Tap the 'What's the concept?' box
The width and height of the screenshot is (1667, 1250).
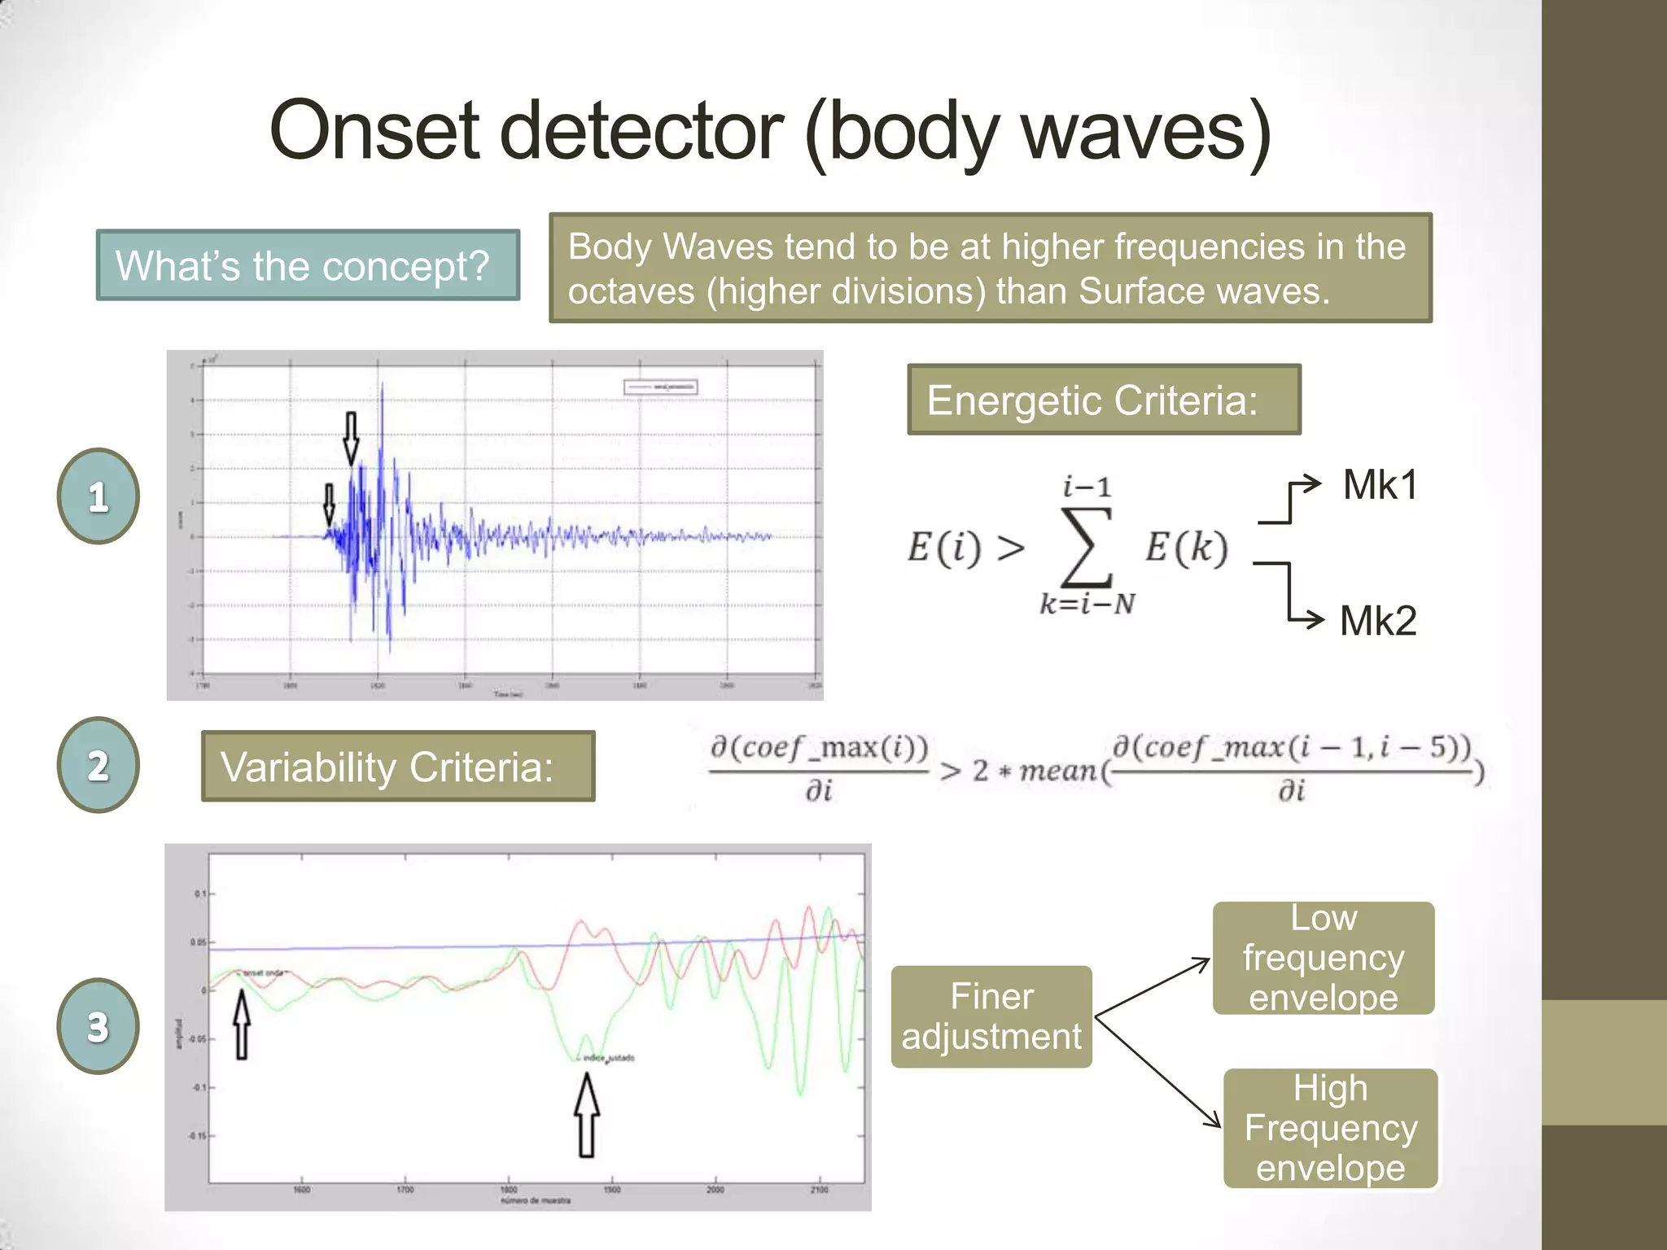[308, 265]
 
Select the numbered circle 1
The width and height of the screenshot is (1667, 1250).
[98, 496]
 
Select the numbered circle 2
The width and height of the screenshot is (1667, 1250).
[98, 765]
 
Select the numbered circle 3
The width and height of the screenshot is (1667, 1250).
[98, 1026]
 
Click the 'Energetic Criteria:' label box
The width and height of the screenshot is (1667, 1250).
[1103, 400]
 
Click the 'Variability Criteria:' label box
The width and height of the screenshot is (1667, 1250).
[398, 767]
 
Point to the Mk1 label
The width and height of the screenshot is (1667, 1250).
[1380, 485]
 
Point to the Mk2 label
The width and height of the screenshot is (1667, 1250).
[1377, 621]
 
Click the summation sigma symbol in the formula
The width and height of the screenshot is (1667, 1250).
[1087, 547]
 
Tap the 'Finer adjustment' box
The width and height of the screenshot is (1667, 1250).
[991, 1016]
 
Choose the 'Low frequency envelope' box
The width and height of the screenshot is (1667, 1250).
[1323, 958]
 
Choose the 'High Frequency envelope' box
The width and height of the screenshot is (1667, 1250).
[1330, 1128]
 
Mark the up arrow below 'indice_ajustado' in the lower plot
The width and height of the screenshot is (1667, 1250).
[587, 1115]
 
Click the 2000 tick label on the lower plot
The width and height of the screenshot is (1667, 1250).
[715, 1190]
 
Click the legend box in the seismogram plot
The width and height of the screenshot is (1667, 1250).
[660, 387]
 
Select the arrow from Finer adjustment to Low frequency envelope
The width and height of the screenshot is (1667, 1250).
[1153, 987]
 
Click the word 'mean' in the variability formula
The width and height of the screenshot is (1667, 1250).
[1057, 770]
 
